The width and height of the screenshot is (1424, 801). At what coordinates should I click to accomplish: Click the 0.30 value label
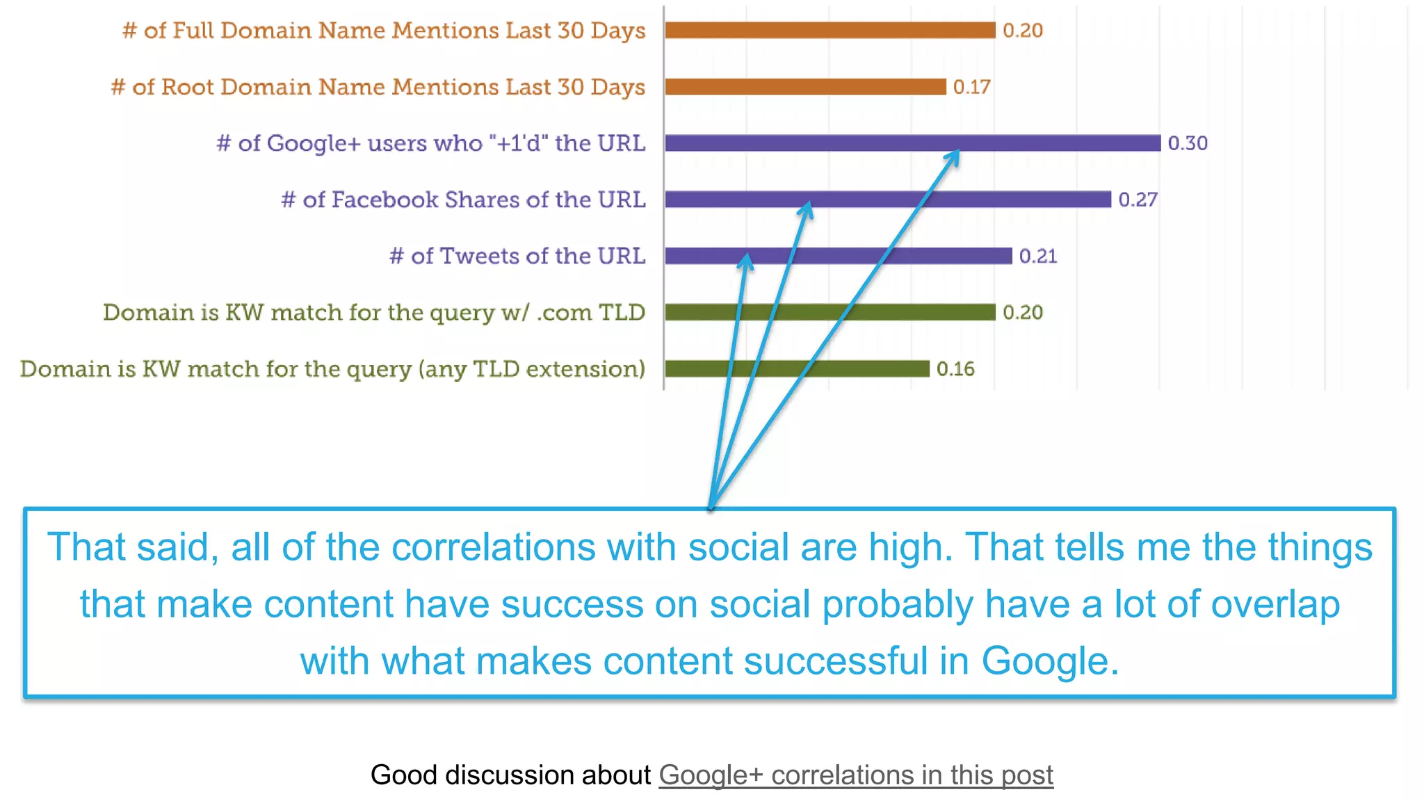tap(1187, 143)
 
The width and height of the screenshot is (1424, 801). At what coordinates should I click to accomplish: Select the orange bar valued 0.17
tap(805, 87)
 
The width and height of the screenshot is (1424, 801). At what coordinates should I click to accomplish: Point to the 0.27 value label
tap(1138, 200)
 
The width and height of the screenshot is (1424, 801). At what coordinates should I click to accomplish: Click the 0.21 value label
tap(1037, 257)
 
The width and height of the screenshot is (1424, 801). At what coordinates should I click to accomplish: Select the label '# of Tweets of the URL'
tap(517, 256)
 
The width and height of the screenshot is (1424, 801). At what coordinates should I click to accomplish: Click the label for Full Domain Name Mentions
tap(384, 31)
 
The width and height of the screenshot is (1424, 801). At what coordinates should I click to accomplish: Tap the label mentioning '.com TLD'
tap(374, 313)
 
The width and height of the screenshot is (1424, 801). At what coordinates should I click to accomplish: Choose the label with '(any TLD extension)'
tap(332, 369)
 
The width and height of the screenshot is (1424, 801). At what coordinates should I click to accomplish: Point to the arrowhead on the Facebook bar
tap(807, 208)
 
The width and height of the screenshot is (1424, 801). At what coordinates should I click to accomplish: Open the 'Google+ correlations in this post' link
tap(855, 775)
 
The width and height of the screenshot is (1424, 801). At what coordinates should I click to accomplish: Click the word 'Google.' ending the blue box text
tap(1050, 661)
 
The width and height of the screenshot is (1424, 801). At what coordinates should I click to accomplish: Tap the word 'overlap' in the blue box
tap(1275, 604)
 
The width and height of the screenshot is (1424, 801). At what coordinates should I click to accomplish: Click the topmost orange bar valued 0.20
tap(830, 31)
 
